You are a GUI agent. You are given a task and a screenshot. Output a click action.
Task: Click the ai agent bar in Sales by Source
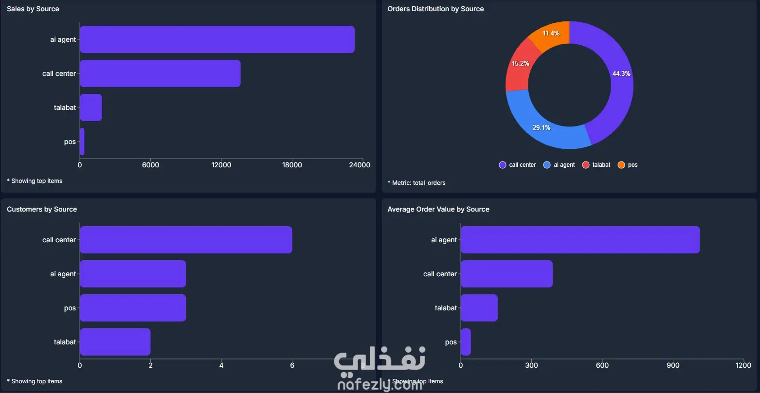pos(217,39)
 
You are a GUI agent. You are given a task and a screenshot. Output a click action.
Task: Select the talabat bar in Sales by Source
pos(91,107)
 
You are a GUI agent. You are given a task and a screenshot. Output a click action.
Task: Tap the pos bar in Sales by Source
pos(82,142)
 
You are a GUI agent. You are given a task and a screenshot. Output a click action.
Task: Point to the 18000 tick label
pos(292,165)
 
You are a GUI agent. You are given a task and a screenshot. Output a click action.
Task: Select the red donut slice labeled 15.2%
pos(519,66)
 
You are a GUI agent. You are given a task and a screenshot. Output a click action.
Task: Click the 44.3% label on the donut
pos(621,73)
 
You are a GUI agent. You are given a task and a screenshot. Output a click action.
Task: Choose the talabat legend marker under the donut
pos(586,165)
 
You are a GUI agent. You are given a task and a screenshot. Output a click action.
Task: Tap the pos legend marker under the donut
pos(621,165)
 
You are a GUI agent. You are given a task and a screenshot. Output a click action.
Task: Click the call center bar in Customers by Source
pos(186,240)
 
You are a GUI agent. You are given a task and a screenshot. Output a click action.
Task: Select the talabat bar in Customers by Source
pos(115,342)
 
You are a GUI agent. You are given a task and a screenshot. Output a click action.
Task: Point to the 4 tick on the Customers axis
pos(221,365)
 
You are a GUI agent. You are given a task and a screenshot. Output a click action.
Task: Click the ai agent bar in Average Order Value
pos(580,240)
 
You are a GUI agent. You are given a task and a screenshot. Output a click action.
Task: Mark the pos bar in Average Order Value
pos(466,342)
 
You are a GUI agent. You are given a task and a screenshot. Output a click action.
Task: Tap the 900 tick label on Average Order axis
pos(673,365)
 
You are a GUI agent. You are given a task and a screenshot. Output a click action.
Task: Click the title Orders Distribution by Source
pos(435,9)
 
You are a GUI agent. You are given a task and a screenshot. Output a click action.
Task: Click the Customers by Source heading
pos(42,209)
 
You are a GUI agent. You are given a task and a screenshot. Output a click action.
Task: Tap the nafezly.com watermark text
pos(380,385)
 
